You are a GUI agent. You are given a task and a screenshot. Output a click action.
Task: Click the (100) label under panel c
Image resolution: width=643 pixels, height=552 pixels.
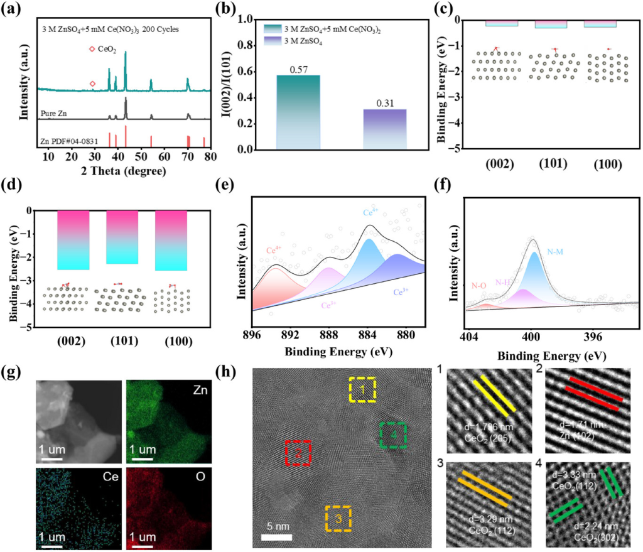tap(608, 166)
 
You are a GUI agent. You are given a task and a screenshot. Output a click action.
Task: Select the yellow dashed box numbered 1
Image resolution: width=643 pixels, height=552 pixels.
tap(362, 390)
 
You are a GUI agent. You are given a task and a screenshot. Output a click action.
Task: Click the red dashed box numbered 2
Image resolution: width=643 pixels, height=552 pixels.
tap(298, 453)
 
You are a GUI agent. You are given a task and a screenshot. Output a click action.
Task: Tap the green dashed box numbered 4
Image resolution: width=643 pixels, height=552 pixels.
tap(393, 436)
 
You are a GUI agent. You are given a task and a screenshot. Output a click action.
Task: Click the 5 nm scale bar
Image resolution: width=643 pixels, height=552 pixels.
tap(276, 538)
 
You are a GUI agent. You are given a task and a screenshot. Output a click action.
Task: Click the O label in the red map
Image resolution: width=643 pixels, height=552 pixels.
tap(199, 480)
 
